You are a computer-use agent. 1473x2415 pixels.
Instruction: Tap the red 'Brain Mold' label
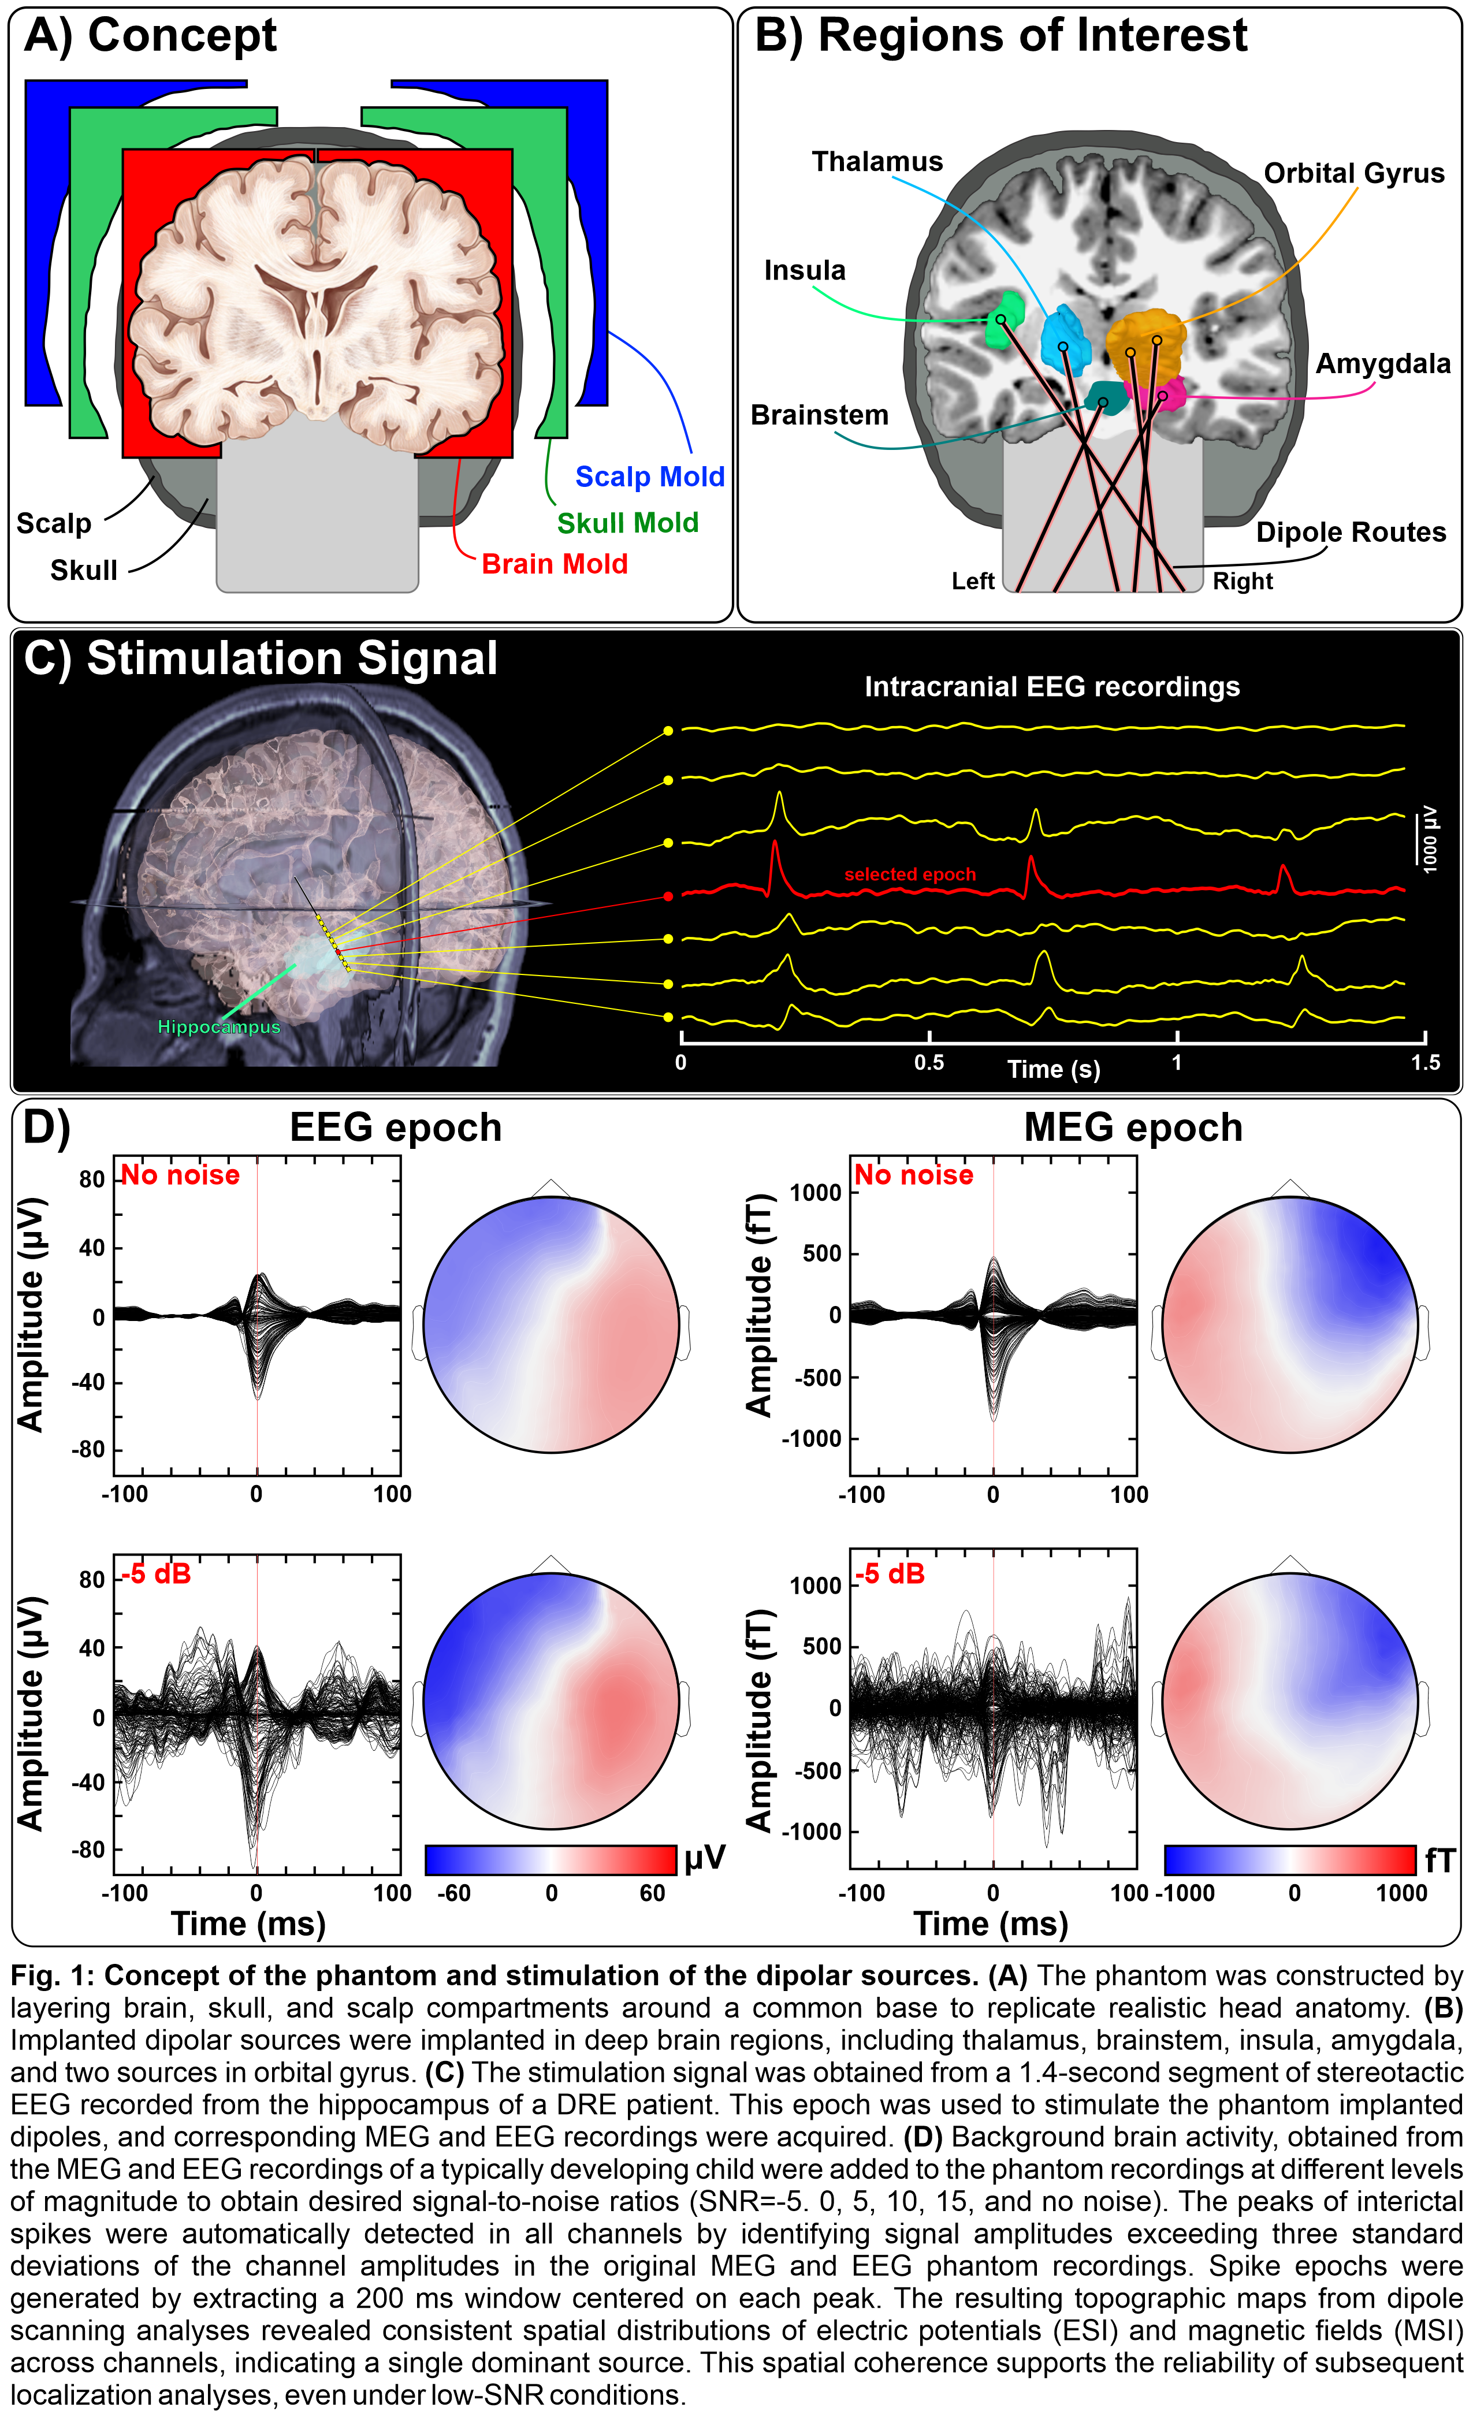pyautogui.click(x=554, y=564)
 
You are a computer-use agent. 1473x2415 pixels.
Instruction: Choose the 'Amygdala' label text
pyautogui.click(x=1382, y=364)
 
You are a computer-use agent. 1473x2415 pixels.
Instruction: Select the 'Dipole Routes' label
pyautogui.click(x=1351, y=532)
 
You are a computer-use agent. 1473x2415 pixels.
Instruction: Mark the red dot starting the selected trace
pyautogui.click(x=668, y=896)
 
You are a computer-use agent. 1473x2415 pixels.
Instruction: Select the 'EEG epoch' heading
pyautogui.click(x=395, y=1128)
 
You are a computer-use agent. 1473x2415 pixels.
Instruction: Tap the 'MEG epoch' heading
pyautogui.click(x=1133, y=1128)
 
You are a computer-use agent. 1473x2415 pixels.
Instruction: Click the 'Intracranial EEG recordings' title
pyautogui.click(x=1051, y=687)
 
